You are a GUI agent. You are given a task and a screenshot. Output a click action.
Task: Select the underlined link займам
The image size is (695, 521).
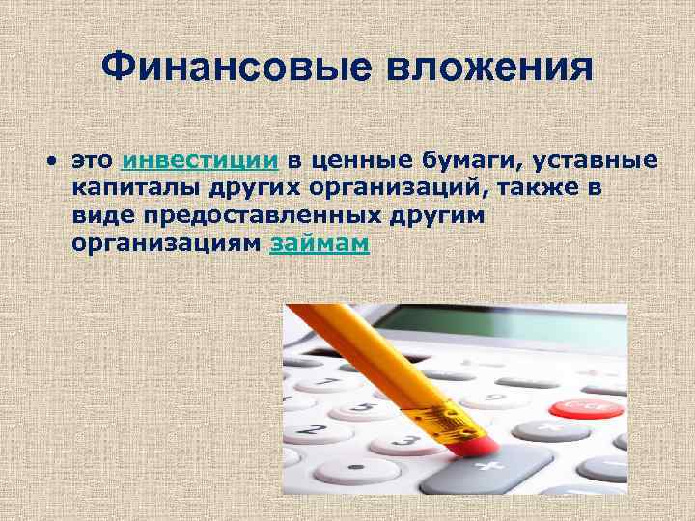pos(320,244)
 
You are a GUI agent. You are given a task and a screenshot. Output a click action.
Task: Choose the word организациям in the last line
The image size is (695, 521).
pos(165,244)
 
